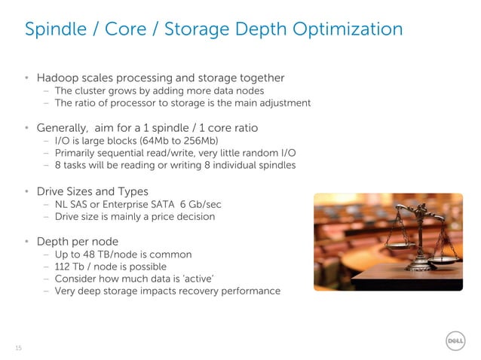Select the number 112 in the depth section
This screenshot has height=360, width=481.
coord(63,267)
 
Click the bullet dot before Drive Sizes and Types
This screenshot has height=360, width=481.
coord(26,191)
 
